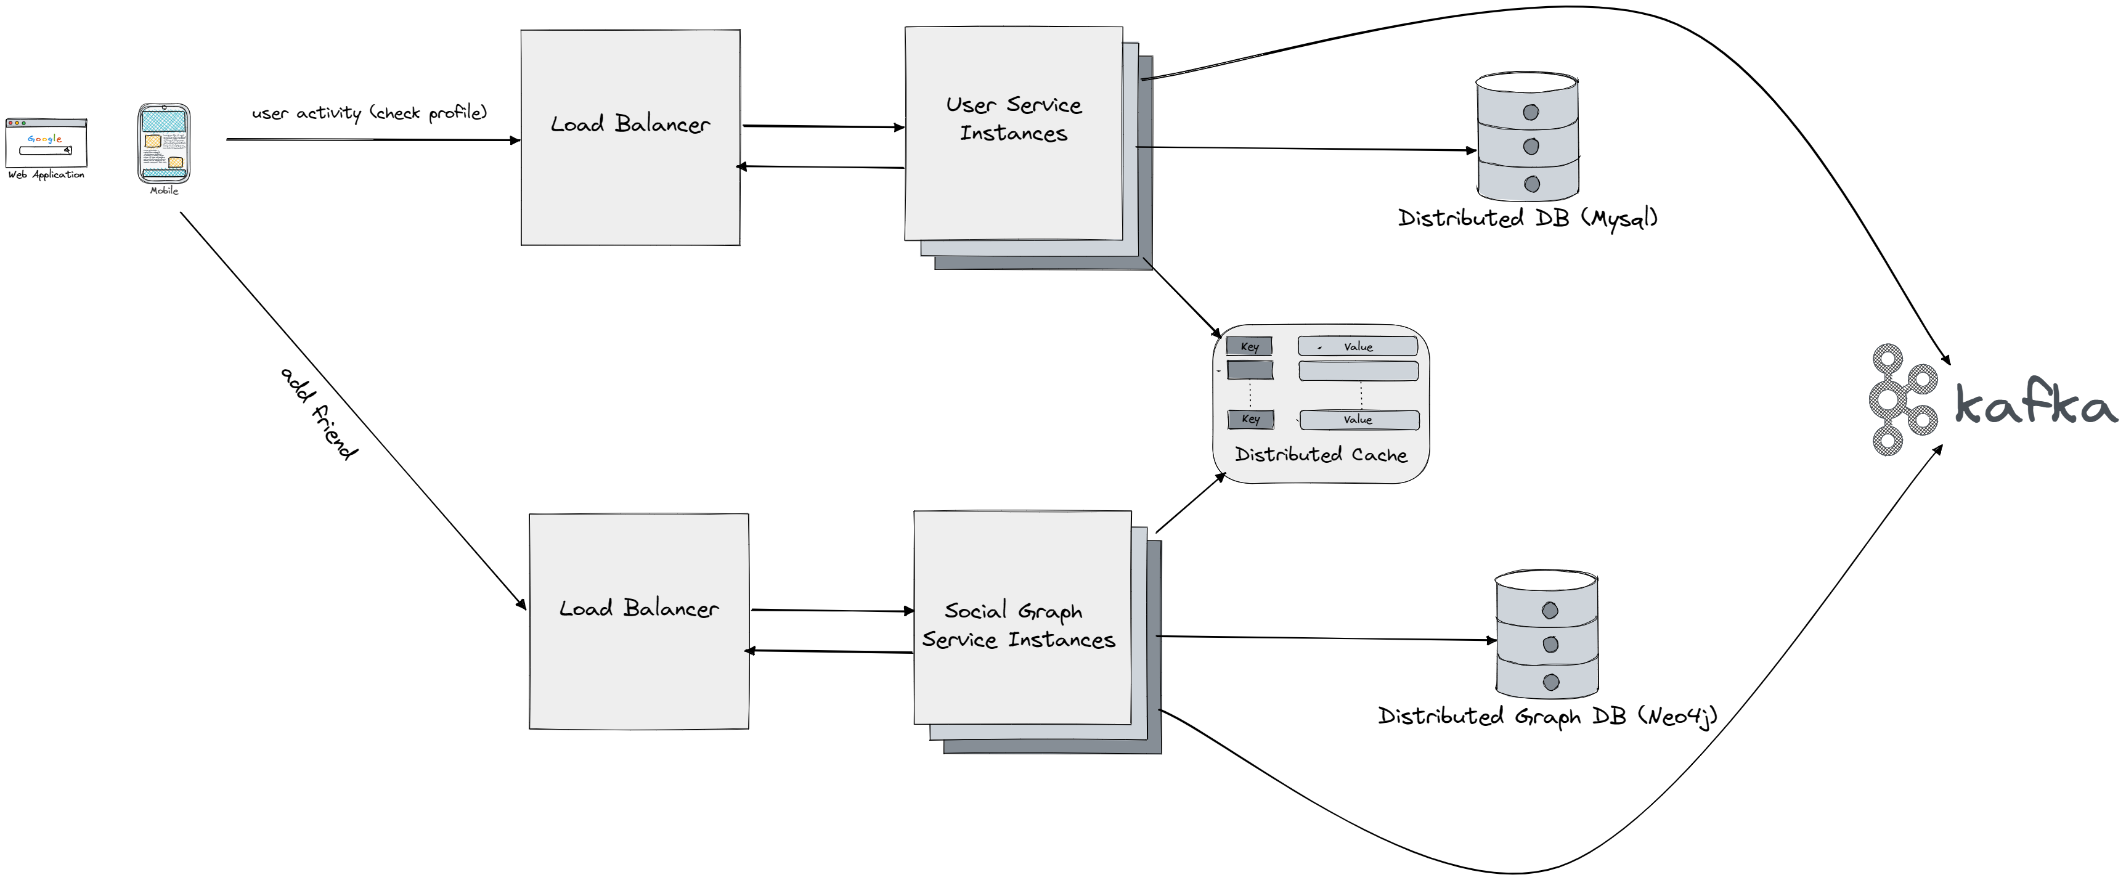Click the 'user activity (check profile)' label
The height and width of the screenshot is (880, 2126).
pos(369,112)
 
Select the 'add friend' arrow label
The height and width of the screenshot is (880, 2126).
pos(319,413)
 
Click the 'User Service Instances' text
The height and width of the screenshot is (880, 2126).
pos(1014,119)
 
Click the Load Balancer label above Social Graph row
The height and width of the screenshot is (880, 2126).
pos(639,608)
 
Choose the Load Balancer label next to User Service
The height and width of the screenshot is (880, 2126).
pos(630,124)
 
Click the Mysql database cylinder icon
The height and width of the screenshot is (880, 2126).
pos(1528,138)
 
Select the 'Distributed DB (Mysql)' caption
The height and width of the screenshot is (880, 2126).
pos(1528,218)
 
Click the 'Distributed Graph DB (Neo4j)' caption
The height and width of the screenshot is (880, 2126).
pos(1547,715)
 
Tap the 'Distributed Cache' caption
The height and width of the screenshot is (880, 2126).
pos(1321,455)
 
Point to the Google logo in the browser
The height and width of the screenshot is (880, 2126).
pos(44,139)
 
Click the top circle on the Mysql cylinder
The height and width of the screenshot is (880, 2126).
pos(1531,112)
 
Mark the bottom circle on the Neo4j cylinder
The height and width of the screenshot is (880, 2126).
pos(1551,682)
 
